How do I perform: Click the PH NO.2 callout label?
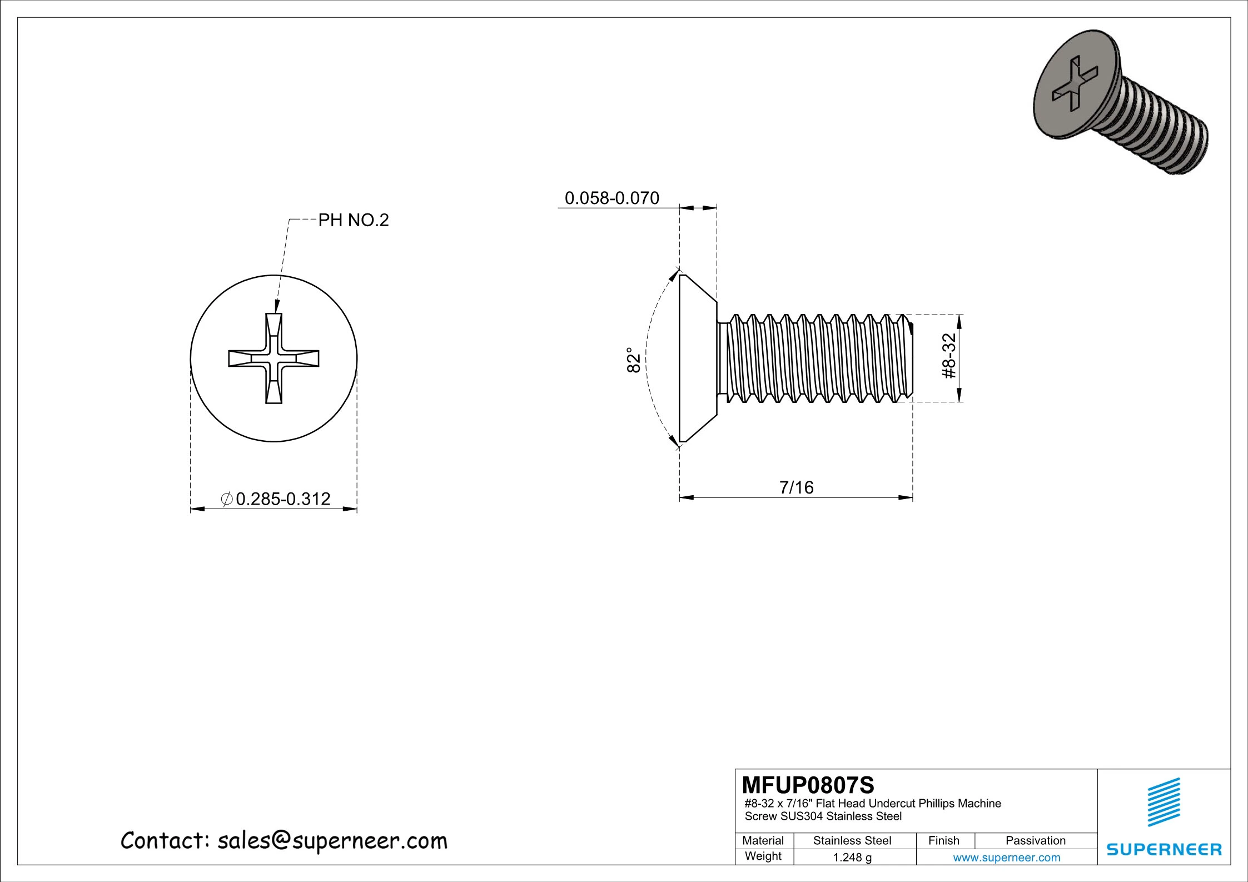(353, 221)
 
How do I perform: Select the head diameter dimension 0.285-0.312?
(282, 499)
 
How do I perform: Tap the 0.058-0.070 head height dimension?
(611, 198)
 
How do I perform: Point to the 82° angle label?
(634, 360)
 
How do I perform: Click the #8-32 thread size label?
(949, 356)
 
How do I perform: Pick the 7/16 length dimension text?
(796, 487)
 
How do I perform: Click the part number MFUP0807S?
(808, 785)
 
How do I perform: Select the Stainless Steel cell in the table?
(852, 840)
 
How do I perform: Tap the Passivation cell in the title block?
(1035, 840)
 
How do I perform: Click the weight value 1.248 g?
(852, 857)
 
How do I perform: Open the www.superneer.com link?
(1006, 857)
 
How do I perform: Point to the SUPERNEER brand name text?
(1164, 849)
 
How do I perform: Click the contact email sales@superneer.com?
(332, 841)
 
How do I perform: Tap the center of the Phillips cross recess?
(274, 358)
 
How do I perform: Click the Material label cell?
(763, 840)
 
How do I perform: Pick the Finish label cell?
(943, 840)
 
